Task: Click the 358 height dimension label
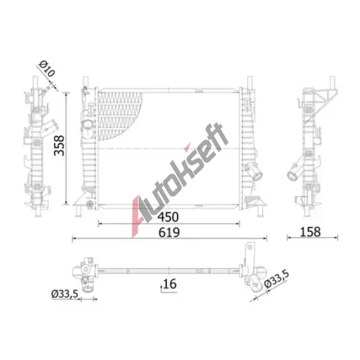point(59,145)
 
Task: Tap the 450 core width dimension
point(168,217)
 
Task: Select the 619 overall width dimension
point(169,233)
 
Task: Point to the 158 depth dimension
point(310,232)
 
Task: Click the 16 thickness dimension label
point(170,284)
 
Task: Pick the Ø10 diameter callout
point(47,68)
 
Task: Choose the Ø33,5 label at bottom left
point(65,294)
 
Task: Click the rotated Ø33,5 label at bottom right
point(276,279)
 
